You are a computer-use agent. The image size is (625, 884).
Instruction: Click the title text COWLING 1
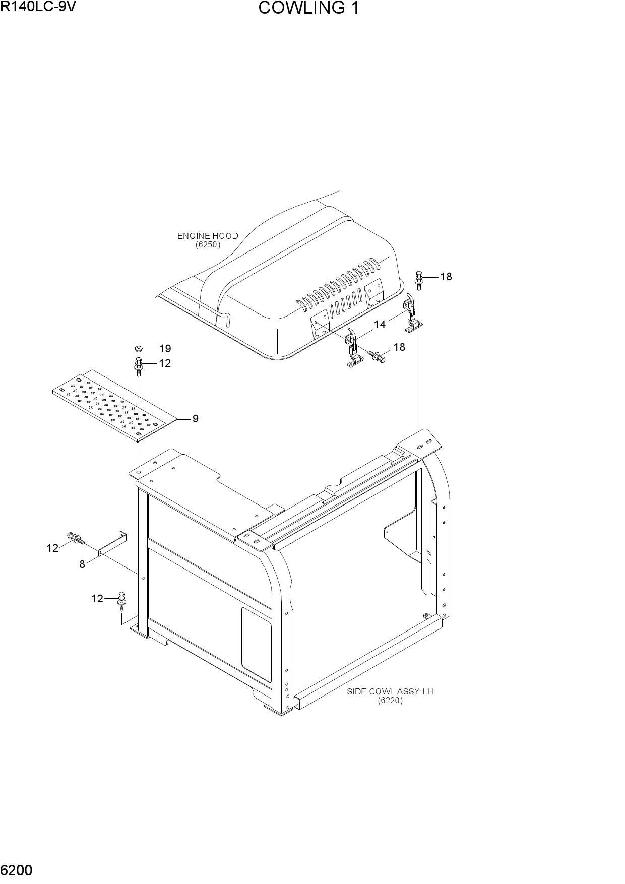[308, 8]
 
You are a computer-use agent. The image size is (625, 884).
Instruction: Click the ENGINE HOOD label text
[208, 236]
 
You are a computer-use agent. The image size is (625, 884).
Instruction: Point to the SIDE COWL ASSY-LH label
[390, 691]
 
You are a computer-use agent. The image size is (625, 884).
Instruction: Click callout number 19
[165, 348]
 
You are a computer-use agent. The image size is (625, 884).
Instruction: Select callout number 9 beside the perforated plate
[195, 419]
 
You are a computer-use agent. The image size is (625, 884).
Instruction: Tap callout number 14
[380, 325]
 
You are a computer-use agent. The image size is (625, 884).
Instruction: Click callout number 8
[82, 564]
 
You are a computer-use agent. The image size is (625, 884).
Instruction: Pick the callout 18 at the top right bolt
[446, 277]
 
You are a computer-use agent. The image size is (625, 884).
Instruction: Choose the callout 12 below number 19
[165, 363]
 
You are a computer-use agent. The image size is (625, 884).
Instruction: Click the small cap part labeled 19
[139, 348]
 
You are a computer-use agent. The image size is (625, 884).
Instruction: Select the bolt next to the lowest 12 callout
[121, 601]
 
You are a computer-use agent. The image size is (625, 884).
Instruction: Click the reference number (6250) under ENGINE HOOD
[208, 245]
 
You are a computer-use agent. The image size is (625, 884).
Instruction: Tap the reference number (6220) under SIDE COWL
[391, 701]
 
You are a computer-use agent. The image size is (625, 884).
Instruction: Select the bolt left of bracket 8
[75, 539]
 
